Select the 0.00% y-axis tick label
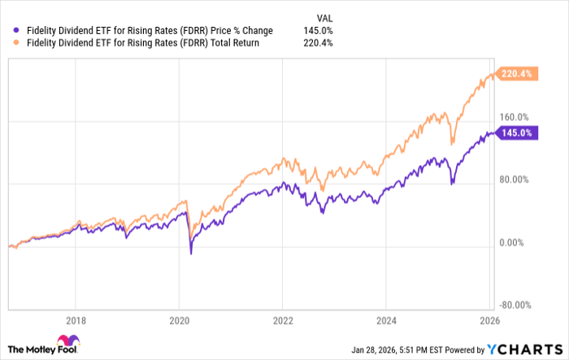coord(515,242)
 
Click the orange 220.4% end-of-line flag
coord(517,73)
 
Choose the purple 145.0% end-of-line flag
coord(517,132)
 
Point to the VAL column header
coord(323,17)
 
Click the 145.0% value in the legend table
coord(318,31)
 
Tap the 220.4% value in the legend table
coord(318,43)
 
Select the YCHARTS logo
coord(528,349)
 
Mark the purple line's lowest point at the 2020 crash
coord(191,254)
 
